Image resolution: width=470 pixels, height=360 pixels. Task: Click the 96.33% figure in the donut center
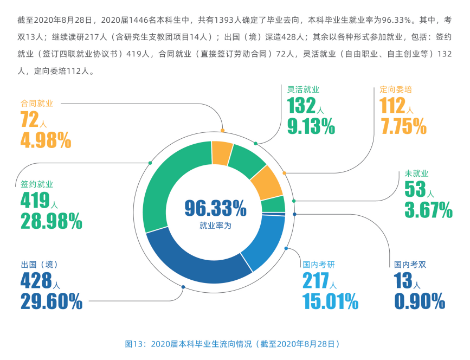point(215,208)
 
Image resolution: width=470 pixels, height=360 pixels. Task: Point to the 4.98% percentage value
point(46,140)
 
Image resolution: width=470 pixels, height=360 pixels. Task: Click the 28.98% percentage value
point(51,221)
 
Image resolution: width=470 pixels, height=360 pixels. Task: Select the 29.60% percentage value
point(51,301)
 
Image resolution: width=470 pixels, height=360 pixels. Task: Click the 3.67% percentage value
point(428,209)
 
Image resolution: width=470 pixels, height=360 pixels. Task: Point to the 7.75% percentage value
point(403,126)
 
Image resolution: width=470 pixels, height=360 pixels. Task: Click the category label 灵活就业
point(303,89)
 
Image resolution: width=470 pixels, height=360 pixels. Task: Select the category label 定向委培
point(396,89)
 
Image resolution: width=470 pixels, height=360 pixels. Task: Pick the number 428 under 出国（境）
point(36,280)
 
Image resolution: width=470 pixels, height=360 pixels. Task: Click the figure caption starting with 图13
point(233,344)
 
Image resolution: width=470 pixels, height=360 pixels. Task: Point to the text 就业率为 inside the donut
point(215,225)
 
